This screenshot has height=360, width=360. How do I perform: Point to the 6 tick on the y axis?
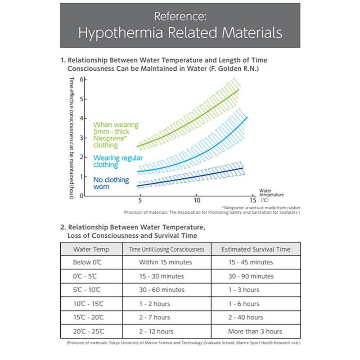[81, 80]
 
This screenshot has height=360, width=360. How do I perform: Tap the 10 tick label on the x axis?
[197, 199]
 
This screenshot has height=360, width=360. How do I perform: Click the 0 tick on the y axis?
[81, 196]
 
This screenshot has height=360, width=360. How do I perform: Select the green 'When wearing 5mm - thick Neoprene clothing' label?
[116, 135]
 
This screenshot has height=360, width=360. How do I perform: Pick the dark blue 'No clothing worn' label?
[107, 183]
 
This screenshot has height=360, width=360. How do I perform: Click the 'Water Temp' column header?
[91, 249]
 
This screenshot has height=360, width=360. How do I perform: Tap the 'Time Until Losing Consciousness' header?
[166, 249]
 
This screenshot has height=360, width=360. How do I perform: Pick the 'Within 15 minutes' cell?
[166, 262]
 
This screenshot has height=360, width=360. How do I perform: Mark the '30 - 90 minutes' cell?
[251, 276]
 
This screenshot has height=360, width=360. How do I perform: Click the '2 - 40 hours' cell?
[246, 318]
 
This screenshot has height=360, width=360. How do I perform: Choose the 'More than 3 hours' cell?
[255, 332]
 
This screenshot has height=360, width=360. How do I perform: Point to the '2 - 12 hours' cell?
[156, 332]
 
